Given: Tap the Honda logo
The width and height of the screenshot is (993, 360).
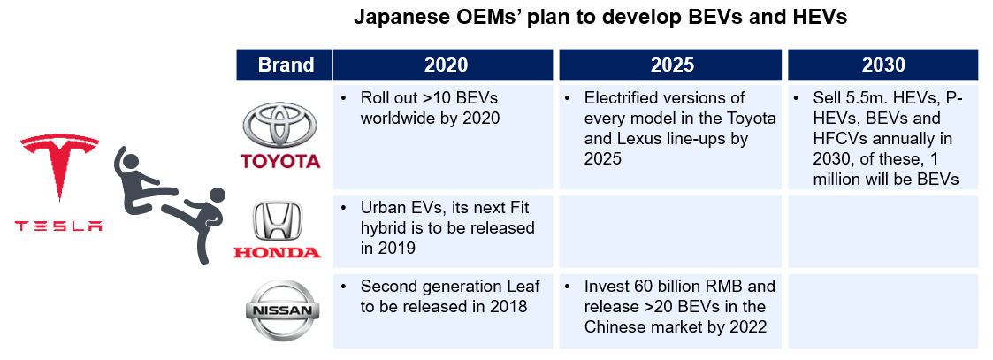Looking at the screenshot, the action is tap(278, 231).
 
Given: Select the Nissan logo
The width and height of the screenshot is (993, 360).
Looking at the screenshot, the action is tap(279, 311).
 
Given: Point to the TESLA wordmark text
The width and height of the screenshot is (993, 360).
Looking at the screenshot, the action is tap(58, 226).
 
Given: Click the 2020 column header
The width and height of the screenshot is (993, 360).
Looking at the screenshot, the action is tap(446, 65).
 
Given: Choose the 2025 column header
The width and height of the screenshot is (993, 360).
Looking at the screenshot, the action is tap(672, 65).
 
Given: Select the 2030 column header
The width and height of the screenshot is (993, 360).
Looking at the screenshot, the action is tap(882, 65).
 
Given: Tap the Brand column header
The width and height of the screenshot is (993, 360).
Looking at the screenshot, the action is tap(286, 65).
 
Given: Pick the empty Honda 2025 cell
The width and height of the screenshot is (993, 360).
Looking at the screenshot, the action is tap(672, 232).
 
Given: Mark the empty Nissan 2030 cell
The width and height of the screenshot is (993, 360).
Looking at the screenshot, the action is tap(882, 311).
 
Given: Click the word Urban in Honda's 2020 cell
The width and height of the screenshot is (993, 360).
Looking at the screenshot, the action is tap(383, 207).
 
